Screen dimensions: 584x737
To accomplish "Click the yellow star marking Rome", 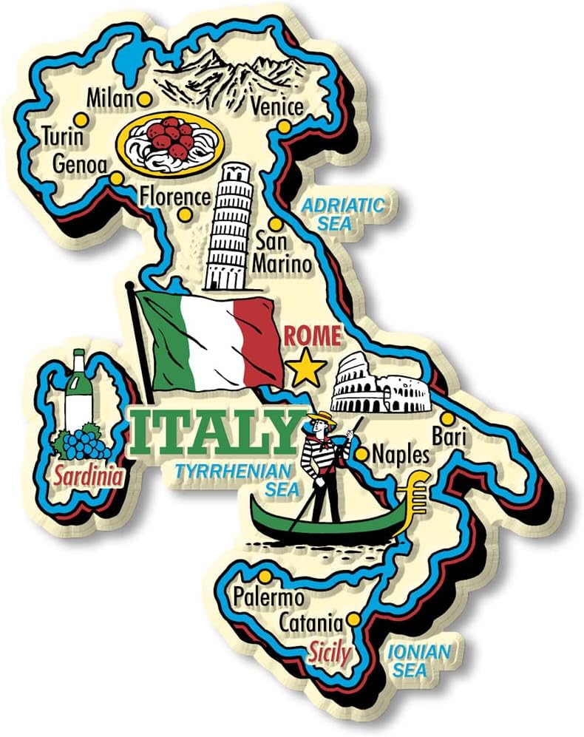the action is [x=305, y=367].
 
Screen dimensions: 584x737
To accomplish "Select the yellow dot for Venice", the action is [x=284, y=127].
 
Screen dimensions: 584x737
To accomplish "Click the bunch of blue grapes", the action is [x=82, y=441].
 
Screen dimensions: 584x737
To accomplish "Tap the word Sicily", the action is [x=329, y=652].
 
